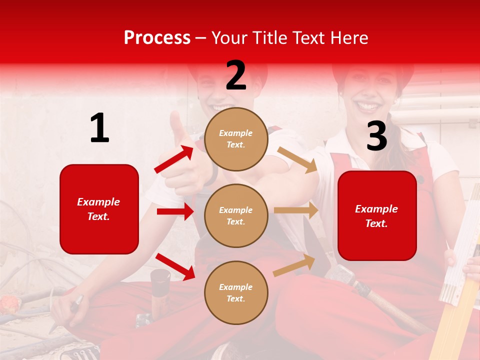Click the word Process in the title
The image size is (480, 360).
[157, 38]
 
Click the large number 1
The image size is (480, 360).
[99, 128]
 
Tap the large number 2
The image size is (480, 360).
[236, 75]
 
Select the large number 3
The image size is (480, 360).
[376, 136]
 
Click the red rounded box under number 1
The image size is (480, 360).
[99, 209]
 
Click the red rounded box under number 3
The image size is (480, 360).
[377, 215]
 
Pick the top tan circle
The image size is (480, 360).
[236, 139]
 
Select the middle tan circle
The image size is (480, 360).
[236, 215]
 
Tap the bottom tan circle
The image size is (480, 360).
[236, 292]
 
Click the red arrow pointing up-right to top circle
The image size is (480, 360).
[174, 159]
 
